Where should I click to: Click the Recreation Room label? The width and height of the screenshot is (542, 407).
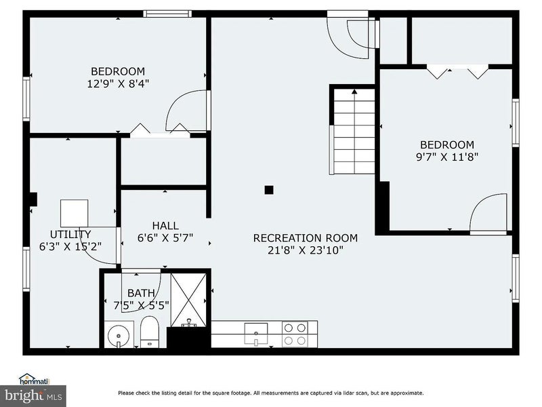[306, 238]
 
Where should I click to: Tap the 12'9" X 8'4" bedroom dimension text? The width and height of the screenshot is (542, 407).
[118, 83]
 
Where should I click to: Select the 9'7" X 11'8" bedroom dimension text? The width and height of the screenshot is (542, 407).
[447, 157]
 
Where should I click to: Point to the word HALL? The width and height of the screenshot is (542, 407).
[165, 226]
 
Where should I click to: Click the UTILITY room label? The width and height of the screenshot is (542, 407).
[70, 234]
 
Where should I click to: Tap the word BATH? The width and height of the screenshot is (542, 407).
[141, 293]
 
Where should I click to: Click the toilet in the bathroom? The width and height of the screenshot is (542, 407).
[150, 332]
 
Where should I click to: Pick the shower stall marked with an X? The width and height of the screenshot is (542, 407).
[189, 300]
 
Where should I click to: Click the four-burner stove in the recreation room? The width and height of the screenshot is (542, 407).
[295, 334]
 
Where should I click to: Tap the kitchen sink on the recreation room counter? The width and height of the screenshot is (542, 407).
[256, 334]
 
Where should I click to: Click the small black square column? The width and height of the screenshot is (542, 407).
[269, 190]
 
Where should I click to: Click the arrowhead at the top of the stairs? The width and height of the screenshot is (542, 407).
[354, 92]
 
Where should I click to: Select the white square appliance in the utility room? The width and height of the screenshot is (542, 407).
[74, 213]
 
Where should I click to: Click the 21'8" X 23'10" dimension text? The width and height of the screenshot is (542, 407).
[306, 250]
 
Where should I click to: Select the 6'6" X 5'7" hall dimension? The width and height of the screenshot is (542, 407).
[165, 238]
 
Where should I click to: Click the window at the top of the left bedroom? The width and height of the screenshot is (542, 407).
[167, 14]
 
